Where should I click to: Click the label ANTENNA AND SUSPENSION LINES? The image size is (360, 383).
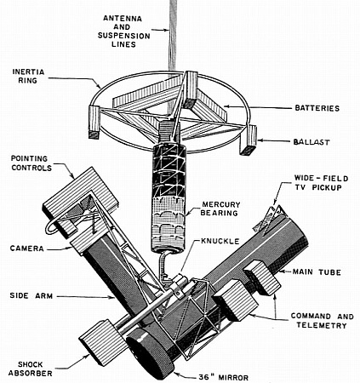pyautogui.click(x=123, y=31)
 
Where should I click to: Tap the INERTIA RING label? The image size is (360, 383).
pyautogui.click(x=28, y=76)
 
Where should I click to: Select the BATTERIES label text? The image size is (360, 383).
pyautogui.click(x=317, y=108)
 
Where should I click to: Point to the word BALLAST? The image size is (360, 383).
pyautogui.click(x=311, y=141)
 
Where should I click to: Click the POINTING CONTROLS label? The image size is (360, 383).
pyautogui.click(x=31, y=163)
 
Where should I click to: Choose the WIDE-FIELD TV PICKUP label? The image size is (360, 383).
pyautogui.click(x=321, y=183)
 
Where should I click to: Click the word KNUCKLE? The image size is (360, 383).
pyautogui.click(x=220, y=241)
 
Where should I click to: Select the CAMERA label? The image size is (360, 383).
pyautogui.click(x=27, y=249)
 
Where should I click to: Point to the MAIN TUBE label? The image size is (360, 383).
pyautogui.click(x=317, y=272)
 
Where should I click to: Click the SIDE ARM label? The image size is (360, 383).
pyautogui.click(x=31, y=295)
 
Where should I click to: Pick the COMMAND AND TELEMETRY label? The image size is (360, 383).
pyautogui.click(x=323, y=321)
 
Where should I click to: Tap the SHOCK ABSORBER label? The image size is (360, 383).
pyautogui.click(x=31, y=369)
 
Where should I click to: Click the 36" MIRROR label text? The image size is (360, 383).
pyautogui.click(x=223, y=377)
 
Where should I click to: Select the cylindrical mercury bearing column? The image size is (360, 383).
pyautogui.click(x=169, y=198)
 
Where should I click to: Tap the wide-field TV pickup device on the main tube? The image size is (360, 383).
pyautogui.click(x=267, y=219)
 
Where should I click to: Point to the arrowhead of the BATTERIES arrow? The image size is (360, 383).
pyautogui.click(x=226, y=106)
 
